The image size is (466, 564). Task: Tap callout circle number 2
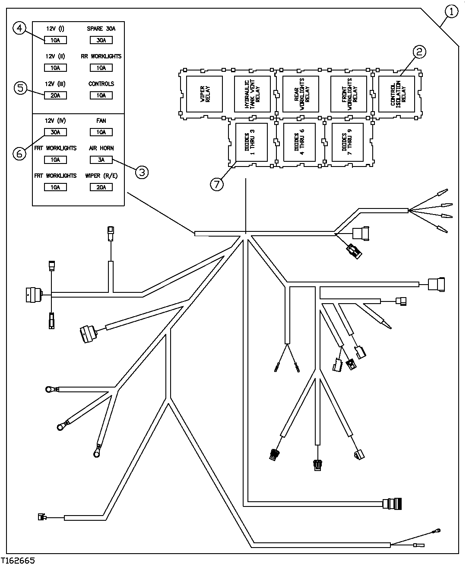(419, 52)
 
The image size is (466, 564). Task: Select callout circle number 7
(217, 183)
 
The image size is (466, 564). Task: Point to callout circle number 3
(142, 172)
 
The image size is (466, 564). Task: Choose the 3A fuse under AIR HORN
(101, 160)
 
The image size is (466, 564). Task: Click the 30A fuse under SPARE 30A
(101, 40)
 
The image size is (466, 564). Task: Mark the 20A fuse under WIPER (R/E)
(101, 187)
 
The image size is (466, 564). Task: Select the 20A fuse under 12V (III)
(55, 96)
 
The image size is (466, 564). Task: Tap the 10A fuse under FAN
(101, 132)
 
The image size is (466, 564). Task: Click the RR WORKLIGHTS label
(101, 56)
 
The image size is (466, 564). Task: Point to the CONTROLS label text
(101, 84)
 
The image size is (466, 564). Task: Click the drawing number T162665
(18, 560)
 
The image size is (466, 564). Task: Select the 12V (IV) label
(55, 121)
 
